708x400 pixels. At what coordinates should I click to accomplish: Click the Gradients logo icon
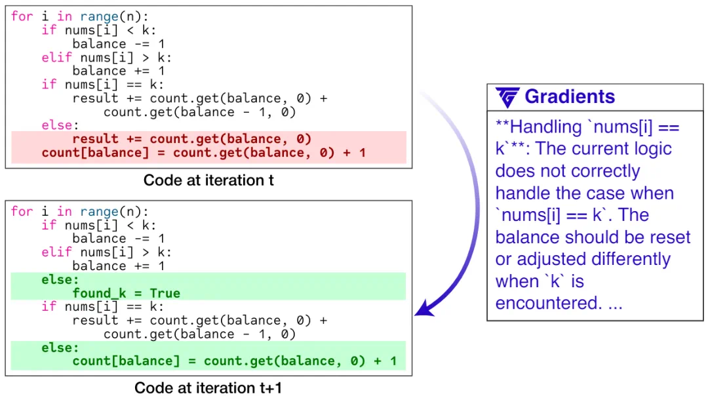[507, 97]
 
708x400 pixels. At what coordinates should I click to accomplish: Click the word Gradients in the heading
[570, 96]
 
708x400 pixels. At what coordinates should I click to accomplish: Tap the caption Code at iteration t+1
[208, 388]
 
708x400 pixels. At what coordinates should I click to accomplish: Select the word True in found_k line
[165, 294]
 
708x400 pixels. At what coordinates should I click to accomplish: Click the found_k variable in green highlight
[100, 294]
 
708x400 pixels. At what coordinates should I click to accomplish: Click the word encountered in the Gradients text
[549, 303]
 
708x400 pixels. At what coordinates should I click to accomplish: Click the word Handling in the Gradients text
[546, 127]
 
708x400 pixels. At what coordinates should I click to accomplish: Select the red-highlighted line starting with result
[192, 139]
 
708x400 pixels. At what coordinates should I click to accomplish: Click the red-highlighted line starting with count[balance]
[204, 153]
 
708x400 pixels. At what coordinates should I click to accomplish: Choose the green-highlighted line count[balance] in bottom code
[234, 361]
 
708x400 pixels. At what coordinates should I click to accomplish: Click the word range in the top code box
[100, 16]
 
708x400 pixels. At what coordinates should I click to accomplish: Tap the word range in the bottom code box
[100, 211]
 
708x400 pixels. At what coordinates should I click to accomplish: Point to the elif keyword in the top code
[57, 57]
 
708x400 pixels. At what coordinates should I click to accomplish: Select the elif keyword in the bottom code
[57, 252]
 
